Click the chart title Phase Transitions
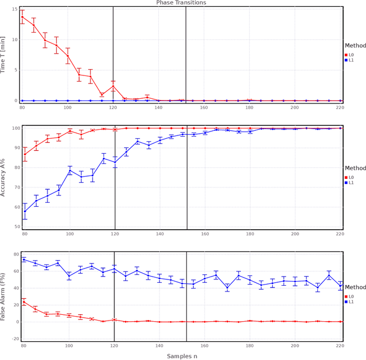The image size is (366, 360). pos(181,3)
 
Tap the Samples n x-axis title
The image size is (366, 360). pos(181,355)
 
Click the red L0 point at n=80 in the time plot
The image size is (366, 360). pos(23,17)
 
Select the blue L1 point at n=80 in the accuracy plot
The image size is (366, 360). pos(25,211)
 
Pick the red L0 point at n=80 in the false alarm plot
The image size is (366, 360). pos(23,302)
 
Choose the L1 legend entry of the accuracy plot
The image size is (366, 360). pos(351,183)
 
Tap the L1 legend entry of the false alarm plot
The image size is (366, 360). pos(351,302)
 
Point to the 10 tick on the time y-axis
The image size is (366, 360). pos(15,39)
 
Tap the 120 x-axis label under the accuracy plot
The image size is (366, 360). pos(114,234)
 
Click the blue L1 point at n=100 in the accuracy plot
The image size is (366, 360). pos(70,170)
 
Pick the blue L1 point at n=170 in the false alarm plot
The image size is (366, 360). pos(227,288)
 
